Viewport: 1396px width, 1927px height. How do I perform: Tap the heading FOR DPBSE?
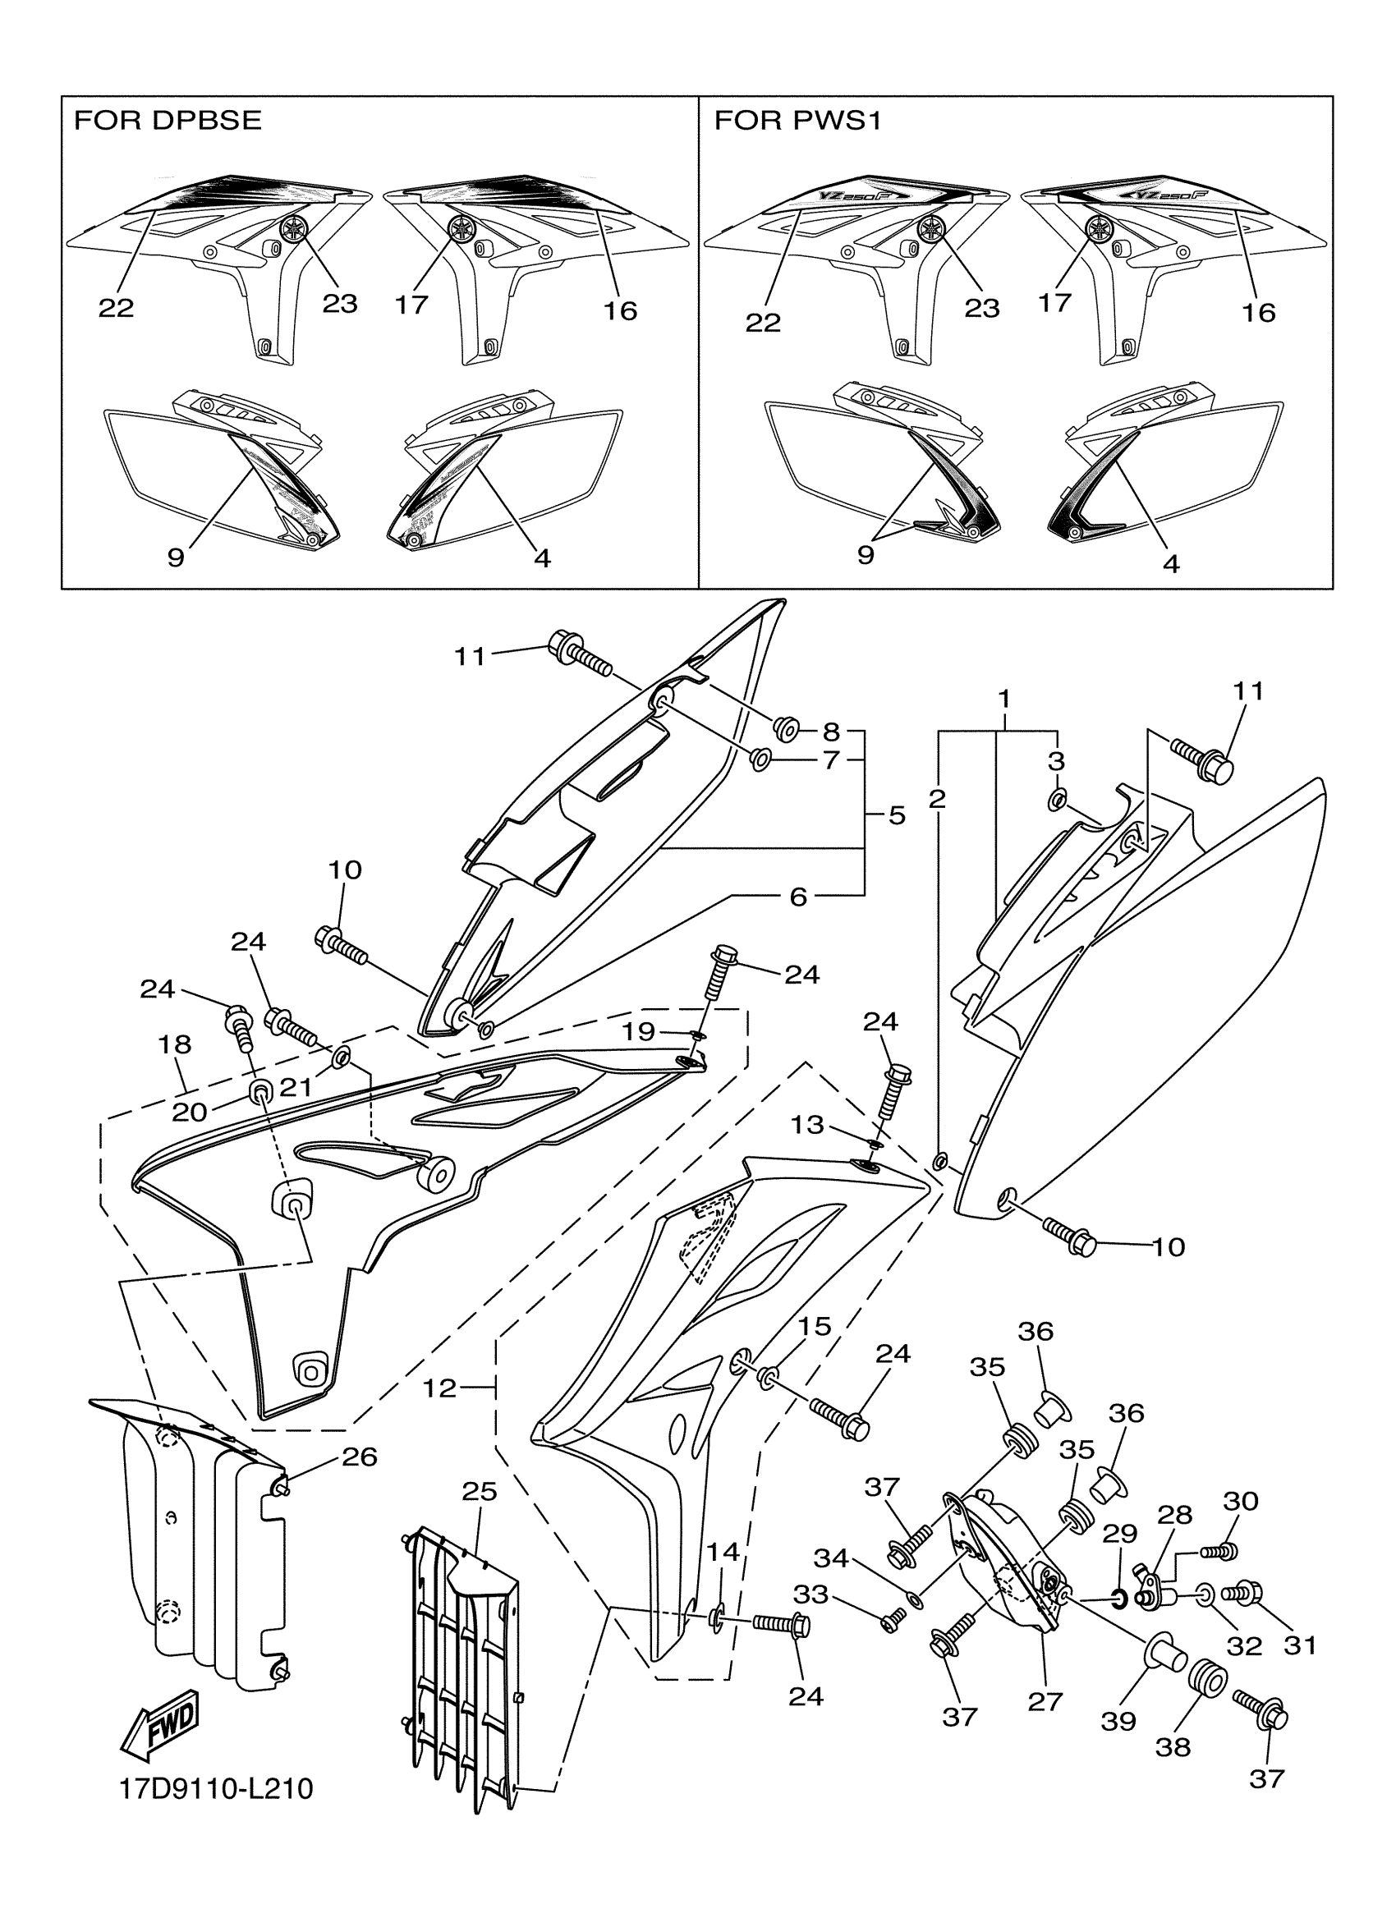pyautogui.click(x=168, y=121)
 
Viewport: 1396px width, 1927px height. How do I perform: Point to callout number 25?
pyautogui.click(x=479, y=1491)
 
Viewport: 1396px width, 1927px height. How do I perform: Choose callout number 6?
pyautogui.click(x=798, y=896)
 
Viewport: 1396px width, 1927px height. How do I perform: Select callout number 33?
pyautogui.click(x=811, y=1594)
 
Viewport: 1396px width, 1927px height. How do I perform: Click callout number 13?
pyautogui.click(x=807, y=1125)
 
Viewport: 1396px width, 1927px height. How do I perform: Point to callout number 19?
pyautogui.click(x=639, y=1031)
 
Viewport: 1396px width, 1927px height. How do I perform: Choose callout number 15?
pyautogui.click(x=814, y=1326)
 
